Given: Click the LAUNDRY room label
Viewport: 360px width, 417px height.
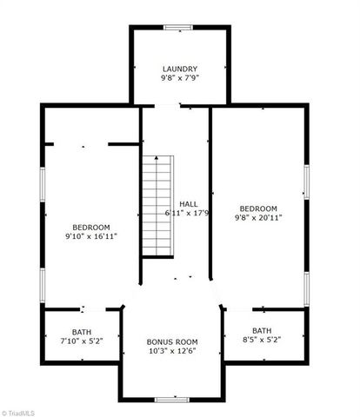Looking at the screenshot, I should [x=180, y=69].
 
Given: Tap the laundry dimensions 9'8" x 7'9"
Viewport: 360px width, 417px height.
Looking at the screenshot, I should [x=180, y=78].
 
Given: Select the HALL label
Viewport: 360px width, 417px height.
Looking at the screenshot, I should [x=189, y=203].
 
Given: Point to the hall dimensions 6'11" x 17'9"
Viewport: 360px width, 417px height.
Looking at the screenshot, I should [x=187, y=213].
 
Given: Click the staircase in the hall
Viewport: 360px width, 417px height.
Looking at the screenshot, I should [x=157, y=207].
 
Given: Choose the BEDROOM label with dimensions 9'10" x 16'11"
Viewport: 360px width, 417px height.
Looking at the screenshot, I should [x=90, y=225].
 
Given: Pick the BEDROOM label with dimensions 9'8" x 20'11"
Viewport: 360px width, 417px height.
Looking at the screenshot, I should [x=259, y=208].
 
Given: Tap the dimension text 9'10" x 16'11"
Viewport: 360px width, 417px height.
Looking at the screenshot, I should [x=90, y=235].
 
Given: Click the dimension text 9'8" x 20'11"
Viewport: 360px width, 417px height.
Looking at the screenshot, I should [x=259, y=218].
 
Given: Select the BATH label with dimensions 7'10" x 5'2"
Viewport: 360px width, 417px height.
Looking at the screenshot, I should [x=82, y=332].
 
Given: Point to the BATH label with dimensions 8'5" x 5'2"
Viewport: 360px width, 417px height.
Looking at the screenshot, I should [x=261, y=330].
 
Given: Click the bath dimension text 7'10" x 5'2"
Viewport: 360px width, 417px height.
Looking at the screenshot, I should [x=82, y=341].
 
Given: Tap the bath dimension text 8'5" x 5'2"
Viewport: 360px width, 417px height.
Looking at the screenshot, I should [x=261, y=341].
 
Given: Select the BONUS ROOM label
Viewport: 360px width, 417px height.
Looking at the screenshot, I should [x=172, y=341].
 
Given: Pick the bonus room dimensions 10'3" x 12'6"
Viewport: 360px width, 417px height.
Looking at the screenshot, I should [x=172, y=352].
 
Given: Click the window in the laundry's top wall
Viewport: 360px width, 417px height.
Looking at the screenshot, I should [x=180, y=27].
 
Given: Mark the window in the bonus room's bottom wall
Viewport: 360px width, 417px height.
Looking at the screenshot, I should [x=172, y=400].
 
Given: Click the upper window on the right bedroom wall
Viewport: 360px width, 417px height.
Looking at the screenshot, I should [x=306, y=180].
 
